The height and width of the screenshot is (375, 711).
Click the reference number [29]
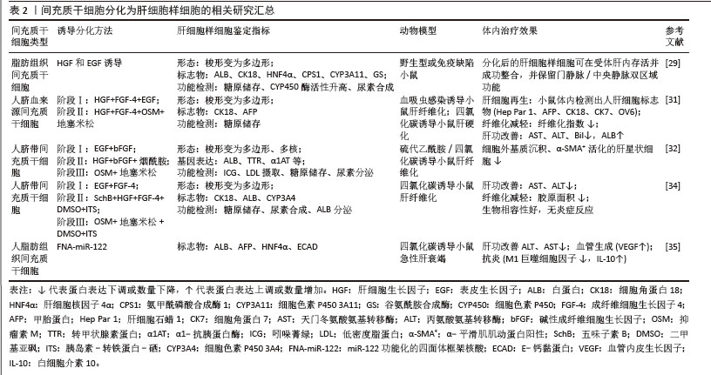click(x=674, y=64)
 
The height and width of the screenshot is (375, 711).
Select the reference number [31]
click(x=674, y=99)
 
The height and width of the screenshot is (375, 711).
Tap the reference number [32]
click(x=674, y=149)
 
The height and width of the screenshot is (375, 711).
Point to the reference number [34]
click(x=674, y=186)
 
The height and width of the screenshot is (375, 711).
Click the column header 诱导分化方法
click(x=85, y=30)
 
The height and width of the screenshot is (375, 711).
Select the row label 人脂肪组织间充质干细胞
click(x=31, y=259)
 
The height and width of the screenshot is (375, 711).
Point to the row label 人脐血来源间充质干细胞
click(x=31, y=111)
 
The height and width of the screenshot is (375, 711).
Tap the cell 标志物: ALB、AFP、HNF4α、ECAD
click(x=234, y=248)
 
